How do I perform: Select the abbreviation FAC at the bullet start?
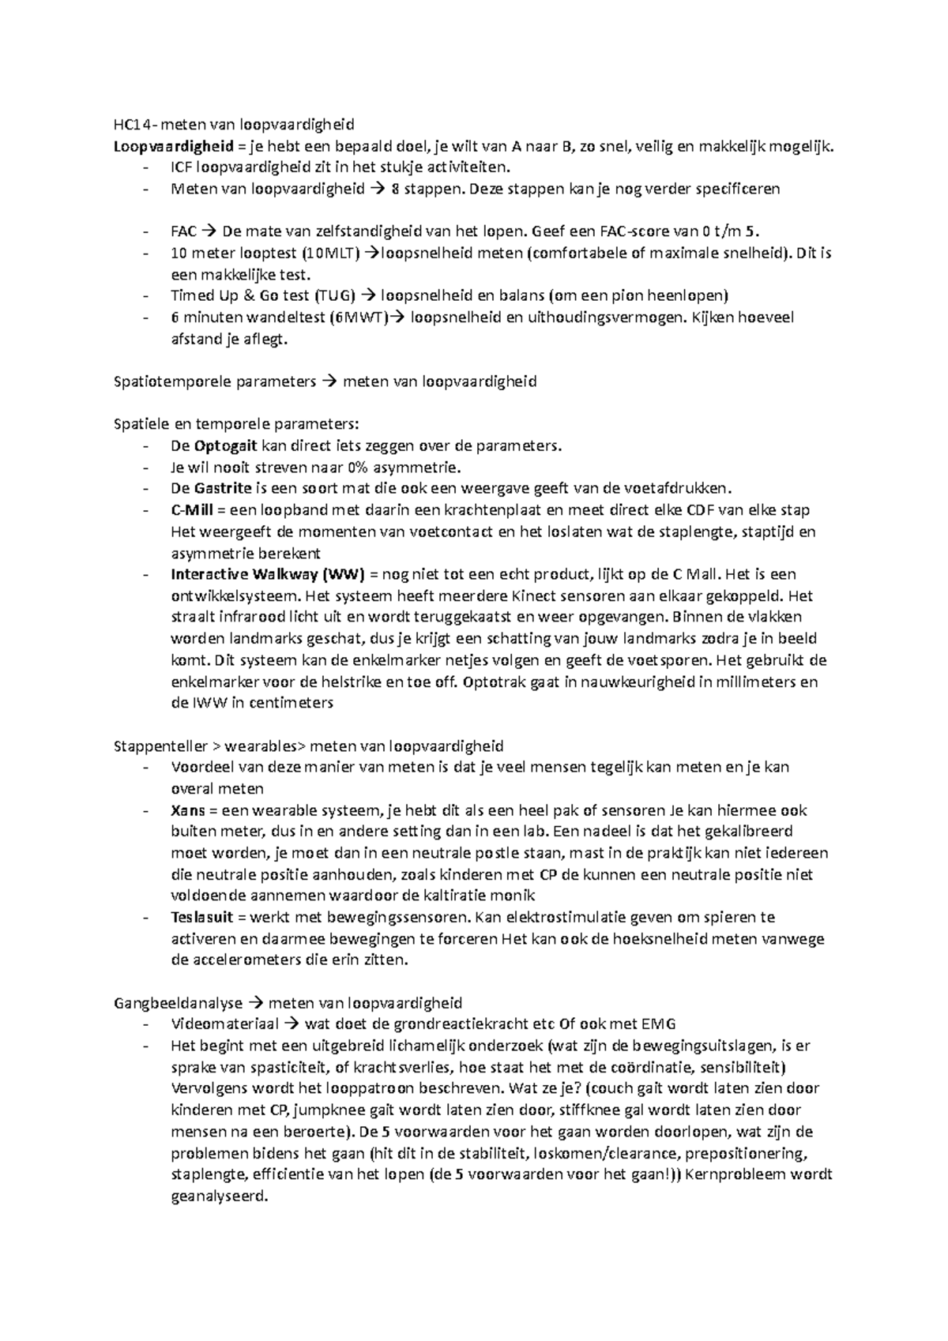click(x=183, y=231)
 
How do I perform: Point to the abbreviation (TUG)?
click(x=336, y=296)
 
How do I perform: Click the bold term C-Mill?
click(x=191, y=510)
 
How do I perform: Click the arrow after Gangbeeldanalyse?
click(x=255, y=1004)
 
